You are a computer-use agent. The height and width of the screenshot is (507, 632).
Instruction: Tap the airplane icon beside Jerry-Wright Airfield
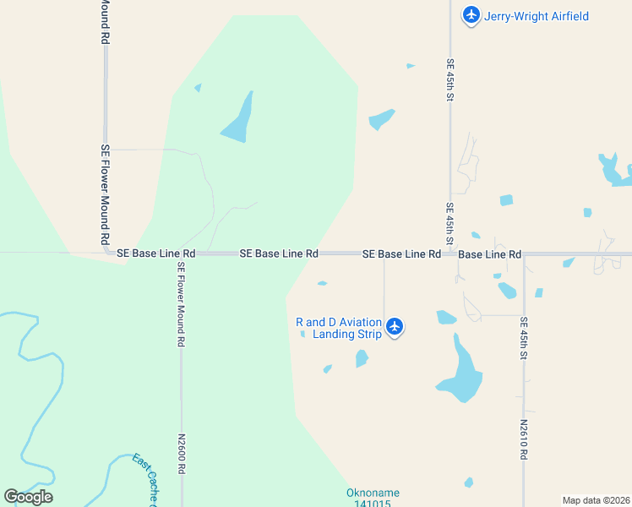pyautogui.click(x=471, y=15)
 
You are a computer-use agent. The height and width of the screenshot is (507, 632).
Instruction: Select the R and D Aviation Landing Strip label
pyautogui.click(x=339, y=328)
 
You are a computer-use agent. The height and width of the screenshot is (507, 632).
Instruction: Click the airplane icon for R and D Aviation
pyautogui.click(x=395, y=327)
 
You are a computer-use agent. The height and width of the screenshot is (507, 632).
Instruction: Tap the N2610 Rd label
pyautogui.click(x=524, y=439)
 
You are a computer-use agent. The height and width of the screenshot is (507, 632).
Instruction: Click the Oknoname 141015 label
pyautogui.click(x=373, y=499)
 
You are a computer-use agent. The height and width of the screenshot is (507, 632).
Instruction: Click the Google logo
pyautogui.click(x=28, y=496)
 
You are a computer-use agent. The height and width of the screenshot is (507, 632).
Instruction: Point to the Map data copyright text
pyautogui.click(x=597, y=500)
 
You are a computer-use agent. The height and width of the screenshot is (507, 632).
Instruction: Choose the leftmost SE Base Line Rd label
pyautogui.click(x=155, y=253)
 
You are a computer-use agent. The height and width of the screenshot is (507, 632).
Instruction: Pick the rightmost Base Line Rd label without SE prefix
pyautogui.click(x=490, y=253)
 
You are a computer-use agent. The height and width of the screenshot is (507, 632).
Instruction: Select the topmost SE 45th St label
pyautogui.click(x=450, y=81)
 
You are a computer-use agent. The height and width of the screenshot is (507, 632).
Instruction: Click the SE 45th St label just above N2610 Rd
pyautogui.click(x=524, y=339)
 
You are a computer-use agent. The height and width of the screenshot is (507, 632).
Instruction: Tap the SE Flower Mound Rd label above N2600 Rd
pyautogui.click(x=181, y=305)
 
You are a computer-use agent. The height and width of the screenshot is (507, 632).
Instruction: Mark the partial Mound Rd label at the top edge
pyautogui.click(x=105, y=22)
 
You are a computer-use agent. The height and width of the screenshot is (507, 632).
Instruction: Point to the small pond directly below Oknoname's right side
pyautogui.click(x=469, y=482)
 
